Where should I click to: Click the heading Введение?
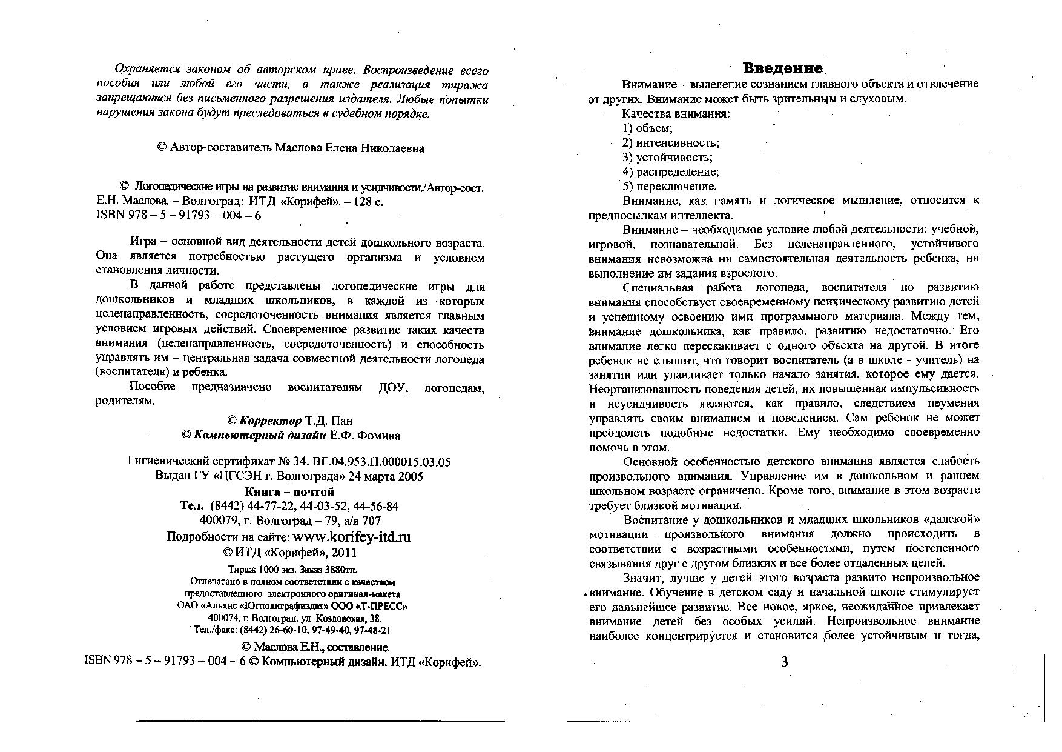[782, 68]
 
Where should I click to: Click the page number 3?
[784, 662]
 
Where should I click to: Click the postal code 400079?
[219, 521]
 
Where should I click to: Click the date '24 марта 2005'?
[386, 476]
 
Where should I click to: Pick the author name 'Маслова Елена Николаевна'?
[349, 148]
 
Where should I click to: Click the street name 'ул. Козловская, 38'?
[353, 619]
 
